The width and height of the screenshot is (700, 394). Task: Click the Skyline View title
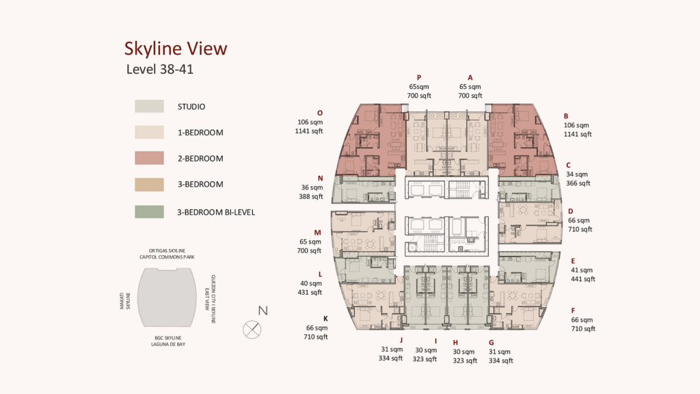point(176,49)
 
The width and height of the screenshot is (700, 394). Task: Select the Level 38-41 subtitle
point(160,69)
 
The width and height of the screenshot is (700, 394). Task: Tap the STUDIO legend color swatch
point(149,106)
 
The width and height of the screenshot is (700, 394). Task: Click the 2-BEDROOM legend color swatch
point(149,158)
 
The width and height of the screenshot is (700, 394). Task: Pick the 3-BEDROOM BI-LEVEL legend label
point(216,212)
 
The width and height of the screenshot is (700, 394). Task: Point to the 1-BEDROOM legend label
point(200,133)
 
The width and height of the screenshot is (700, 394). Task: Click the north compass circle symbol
point(252,330)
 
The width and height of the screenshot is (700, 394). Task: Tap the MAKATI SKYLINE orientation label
point(125,301)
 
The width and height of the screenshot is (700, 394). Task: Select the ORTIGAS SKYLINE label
point(167,250)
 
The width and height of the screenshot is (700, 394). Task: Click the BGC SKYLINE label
point(168,338)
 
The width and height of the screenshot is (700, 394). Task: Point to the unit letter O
point(320,113)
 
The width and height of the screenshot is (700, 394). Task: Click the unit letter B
point(565,116)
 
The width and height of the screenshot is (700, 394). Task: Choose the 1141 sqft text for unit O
point(309,131)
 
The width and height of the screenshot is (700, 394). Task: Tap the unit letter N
point(320,179)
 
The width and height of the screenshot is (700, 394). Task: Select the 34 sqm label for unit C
point(577,174)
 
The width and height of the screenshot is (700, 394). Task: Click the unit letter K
point(325,319)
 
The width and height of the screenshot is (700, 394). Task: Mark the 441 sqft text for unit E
point(583,279)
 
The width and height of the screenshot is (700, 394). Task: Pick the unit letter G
point(491,343)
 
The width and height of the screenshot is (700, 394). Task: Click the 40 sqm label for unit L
point(311,283)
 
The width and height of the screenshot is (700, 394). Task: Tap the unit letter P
point(419,78)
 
